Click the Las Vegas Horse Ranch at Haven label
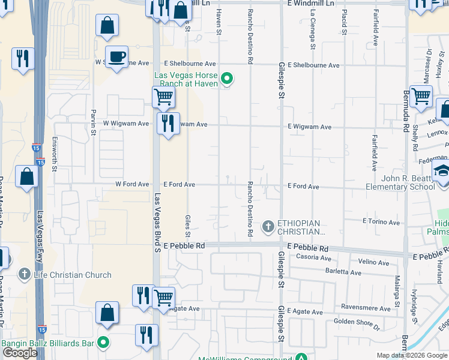point(187,79)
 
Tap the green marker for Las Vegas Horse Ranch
point(228,78)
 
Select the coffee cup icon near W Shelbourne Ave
point(116,57)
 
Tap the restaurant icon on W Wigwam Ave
point(168,124)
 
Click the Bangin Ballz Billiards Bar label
point(49,343)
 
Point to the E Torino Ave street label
point(381,222)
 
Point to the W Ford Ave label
point(132,184)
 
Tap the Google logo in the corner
point(20,353)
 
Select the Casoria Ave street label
point(314,257)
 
